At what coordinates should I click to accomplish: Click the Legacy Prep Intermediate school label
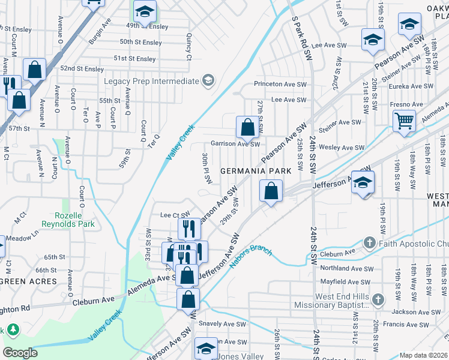(151, 81)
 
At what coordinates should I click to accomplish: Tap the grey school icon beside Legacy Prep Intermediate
(208, 81)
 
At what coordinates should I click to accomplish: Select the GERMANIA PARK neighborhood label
(256, 171)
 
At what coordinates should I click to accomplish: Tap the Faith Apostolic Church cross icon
(369, 243)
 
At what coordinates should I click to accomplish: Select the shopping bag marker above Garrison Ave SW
(247, 127)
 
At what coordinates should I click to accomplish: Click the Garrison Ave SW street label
(235, 144)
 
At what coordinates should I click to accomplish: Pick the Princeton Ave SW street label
(280, 85)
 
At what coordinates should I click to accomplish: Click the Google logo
(20, 353)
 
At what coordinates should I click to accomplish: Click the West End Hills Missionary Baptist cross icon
(378, 299)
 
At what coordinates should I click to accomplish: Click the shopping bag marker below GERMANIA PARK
(271, 191)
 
